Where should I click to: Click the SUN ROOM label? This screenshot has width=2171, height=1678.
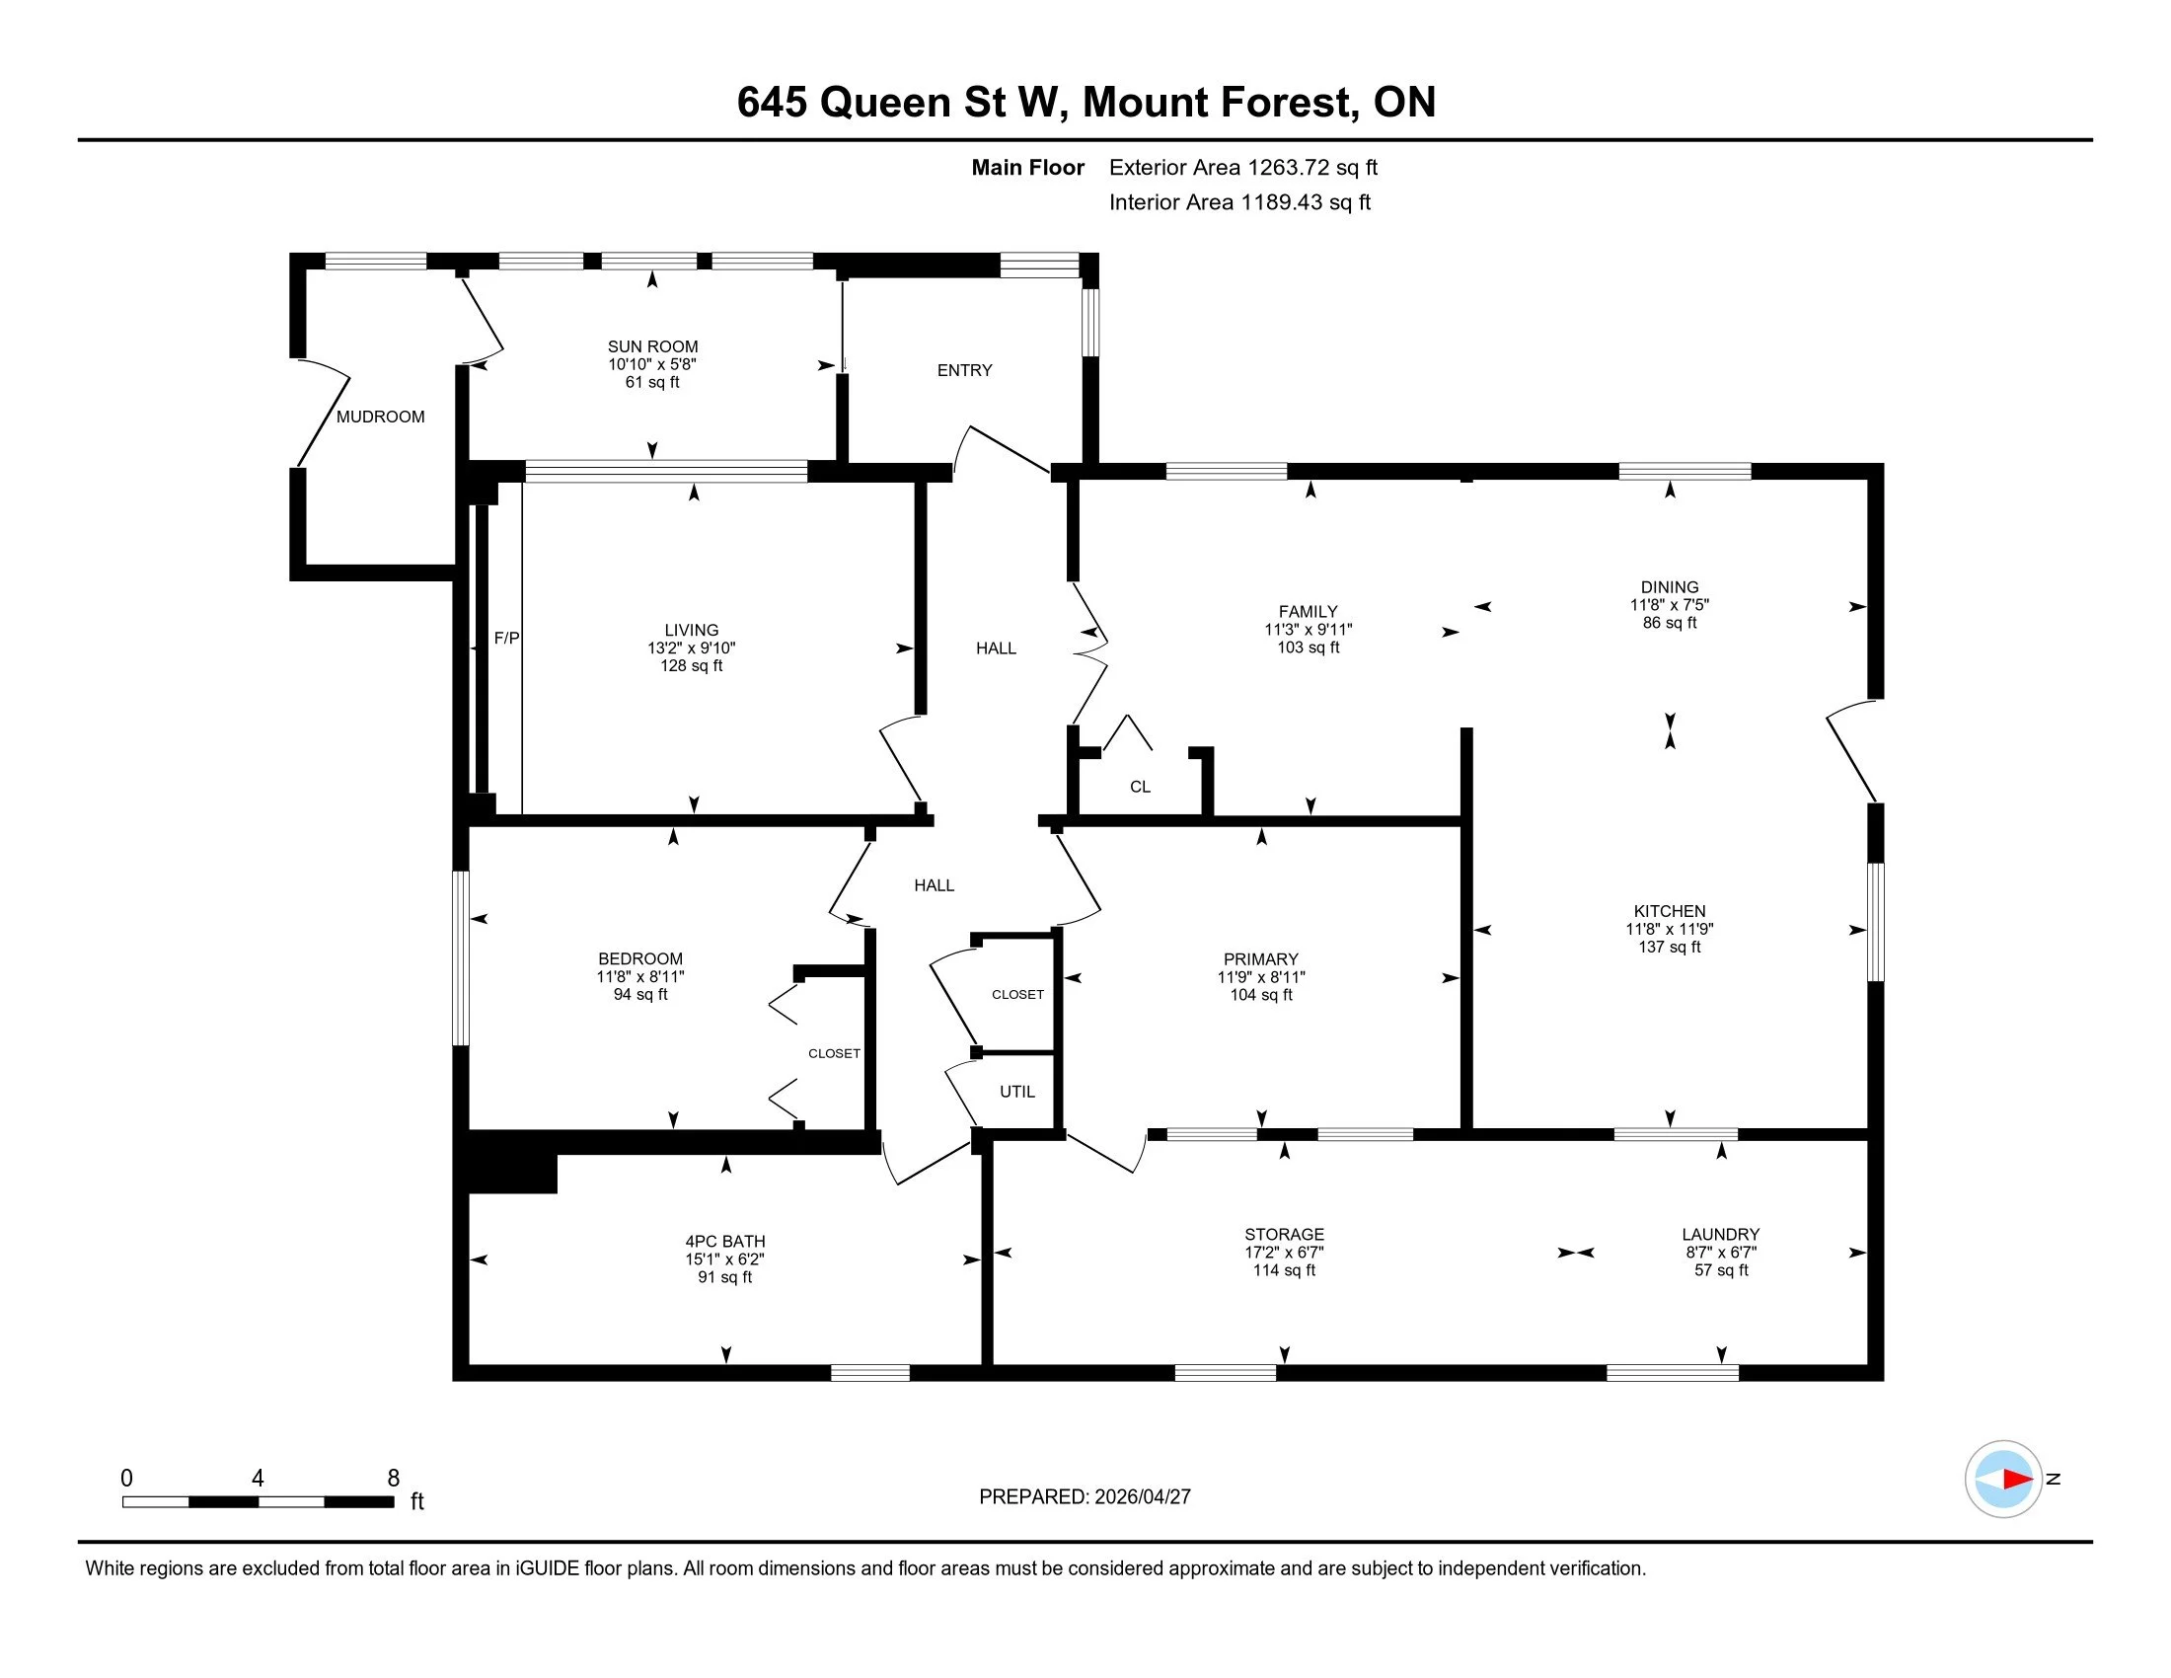652,345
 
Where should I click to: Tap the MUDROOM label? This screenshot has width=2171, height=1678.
380,417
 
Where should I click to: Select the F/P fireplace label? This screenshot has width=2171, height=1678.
507,639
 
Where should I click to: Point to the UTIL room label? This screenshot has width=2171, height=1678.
1016,1092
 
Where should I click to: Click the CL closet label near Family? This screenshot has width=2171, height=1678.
1140,787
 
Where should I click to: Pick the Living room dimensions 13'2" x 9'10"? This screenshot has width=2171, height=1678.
691,648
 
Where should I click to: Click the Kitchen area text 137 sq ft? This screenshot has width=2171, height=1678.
1669,948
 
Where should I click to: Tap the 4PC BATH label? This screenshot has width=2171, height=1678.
724,1241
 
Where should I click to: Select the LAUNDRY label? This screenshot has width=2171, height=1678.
1721,1234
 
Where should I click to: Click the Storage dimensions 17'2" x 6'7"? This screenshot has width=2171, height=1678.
1283,1253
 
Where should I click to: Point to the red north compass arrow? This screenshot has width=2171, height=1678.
2016,1480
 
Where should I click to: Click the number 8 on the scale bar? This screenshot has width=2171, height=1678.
394,1479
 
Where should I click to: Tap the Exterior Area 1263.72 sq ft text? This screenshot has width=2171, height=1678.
1242,168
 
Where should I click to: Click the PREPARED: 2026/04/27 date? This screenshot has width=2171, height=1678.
1085,1497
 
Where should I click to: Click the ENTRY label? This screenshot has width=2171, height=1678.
964,370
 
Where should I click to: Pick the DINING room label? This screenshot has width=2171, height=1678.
1669,586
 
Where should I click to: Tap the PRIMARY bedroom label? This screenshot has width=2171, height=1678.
1260,959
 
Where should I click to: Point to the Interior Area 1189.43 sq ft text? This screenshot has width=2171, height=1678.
1239,202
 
